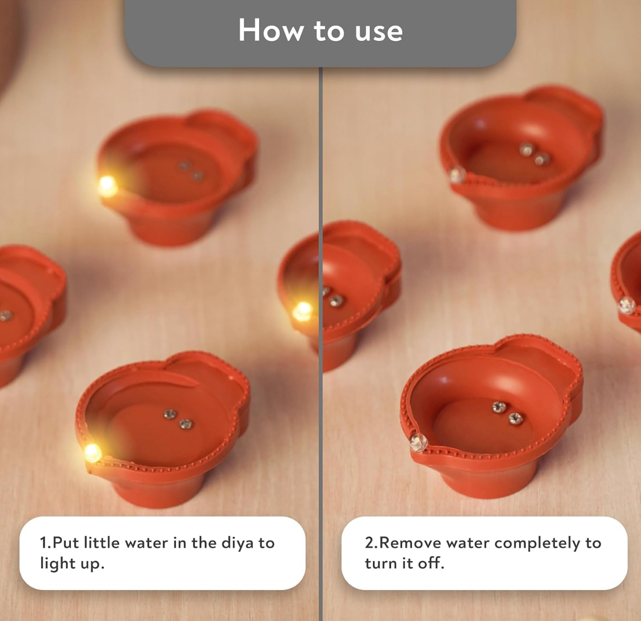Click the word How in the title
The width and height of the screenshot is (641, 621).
pos(271,30)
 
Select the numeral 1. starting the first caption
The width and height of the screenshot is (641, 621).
pos(45,542)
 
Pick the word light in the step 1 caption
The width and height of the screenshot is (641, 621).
pos(56,563)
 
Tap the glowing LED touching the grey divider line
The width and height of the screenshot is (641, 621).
pos(302,311)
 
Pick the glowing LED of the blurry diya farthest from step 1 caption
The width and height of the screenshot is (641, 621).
pos(107,186)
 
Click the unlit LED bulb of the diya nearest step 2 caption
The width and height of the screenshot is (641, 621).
pos(418,442)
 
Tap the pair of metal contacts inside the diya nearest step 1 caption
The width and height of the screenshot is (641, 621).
pos(178,418)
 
